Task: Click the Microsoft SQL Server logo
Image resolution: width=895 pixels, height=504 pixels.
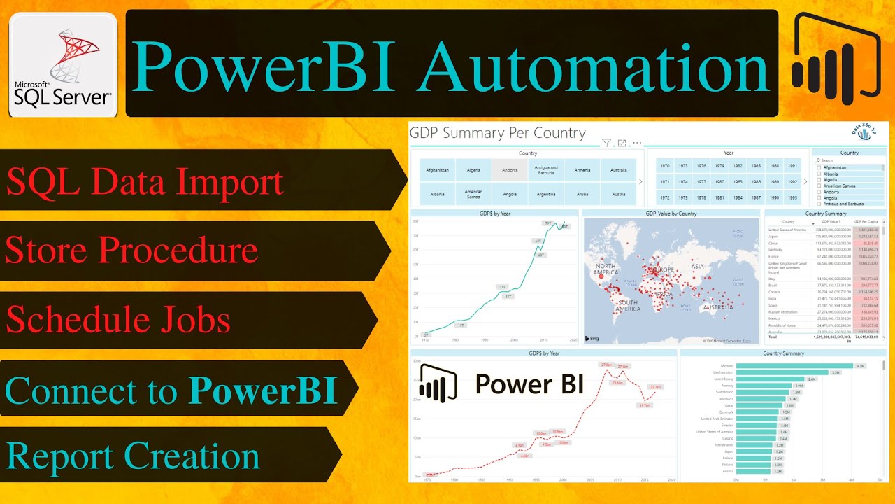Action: click(x=63, y=66)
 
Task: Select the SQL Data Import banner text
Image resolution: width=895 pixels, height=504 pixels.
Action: click(x=145, y=181)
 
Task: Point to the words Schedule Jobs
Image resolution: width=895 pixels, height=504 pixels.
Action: click(x=118, y=319)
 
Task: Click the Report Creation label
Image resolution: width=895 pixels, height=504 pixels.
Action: click(x=133, y=456)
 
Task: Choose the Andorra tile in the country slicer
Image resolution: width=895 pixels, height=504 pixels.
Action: click(x=510, y=170)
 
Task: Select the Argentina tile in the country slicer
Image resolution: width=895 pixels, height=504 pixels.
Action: click(x=546, y=194)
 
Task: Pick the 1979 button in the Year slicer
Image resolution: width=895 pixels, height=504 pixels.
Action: click(x=720, y=166)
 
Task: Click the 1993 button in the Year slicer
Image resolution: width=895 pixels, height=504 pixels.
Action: click(x=792, y=197)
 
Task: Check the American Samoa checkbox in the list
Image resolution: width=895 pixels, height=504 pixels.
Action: click(x=819, y=185)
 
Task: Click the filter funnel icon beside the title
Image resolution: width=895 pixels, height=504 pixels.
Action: click(x=607, y=143)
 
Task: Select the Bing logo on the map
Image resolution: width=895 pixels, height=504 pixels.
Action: click(x=593, y=339)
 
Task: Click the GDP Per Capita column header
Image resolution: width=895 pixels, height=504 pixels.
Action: click(x=867, y=221)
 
